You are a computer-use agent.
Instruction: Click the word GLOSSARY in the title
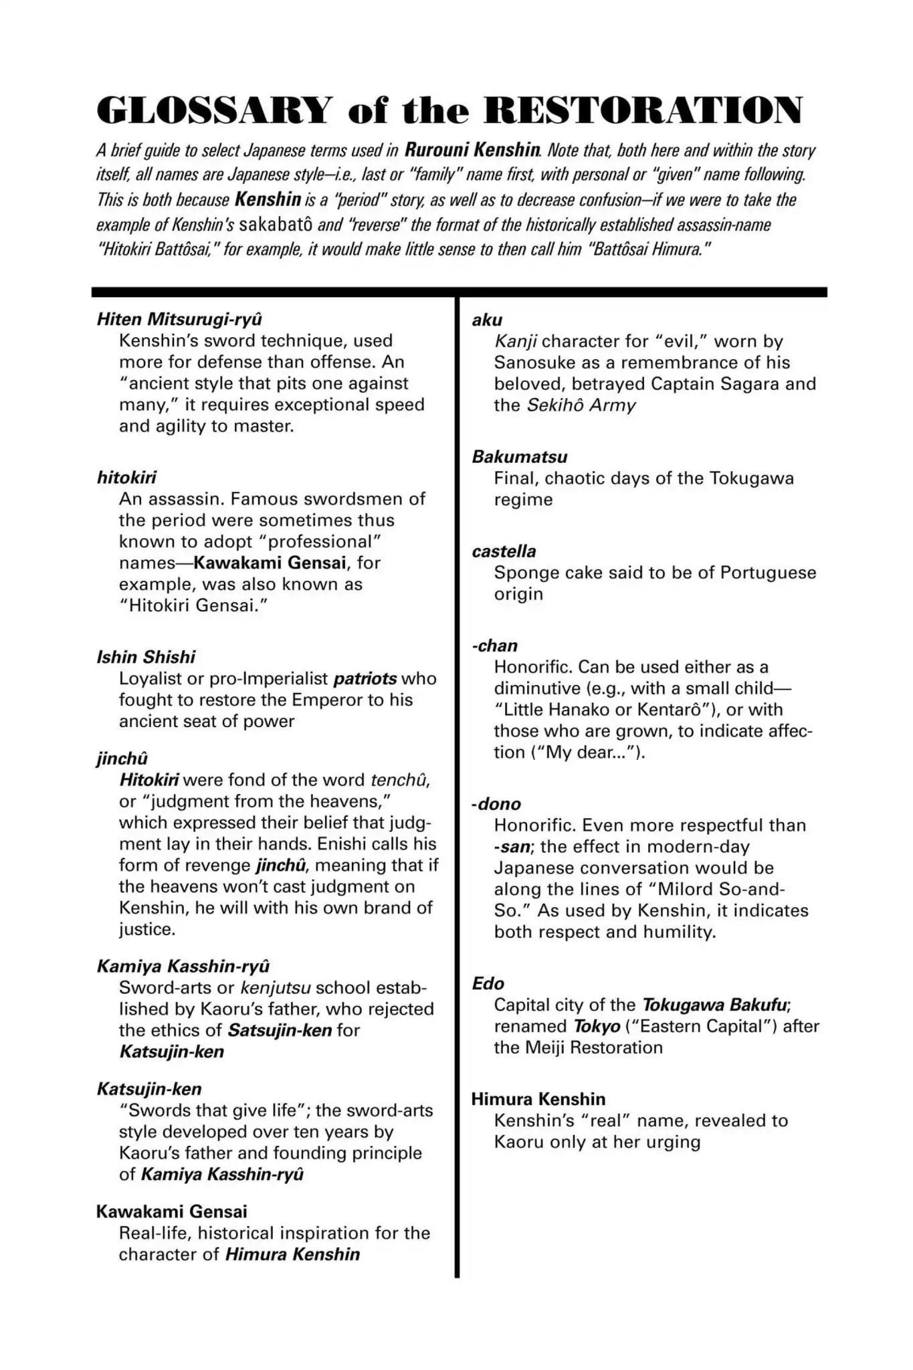214,110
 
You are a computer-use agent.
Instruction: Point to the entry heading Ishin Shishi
146,657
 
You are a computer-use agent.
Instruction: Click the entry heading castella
504,551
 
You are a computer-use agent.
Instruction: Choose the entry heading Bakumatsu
519,457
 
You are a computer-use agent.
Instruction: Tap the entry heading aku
487,320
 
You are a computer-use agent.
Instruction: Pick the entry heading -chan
494,646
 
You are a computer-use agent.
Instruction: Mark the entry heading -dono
496,804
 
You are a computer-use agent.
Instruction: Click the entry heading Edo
488,983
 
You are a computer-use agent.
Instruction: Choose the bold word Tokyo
597,1026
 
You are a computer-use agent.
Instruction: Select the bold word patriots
365,678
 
